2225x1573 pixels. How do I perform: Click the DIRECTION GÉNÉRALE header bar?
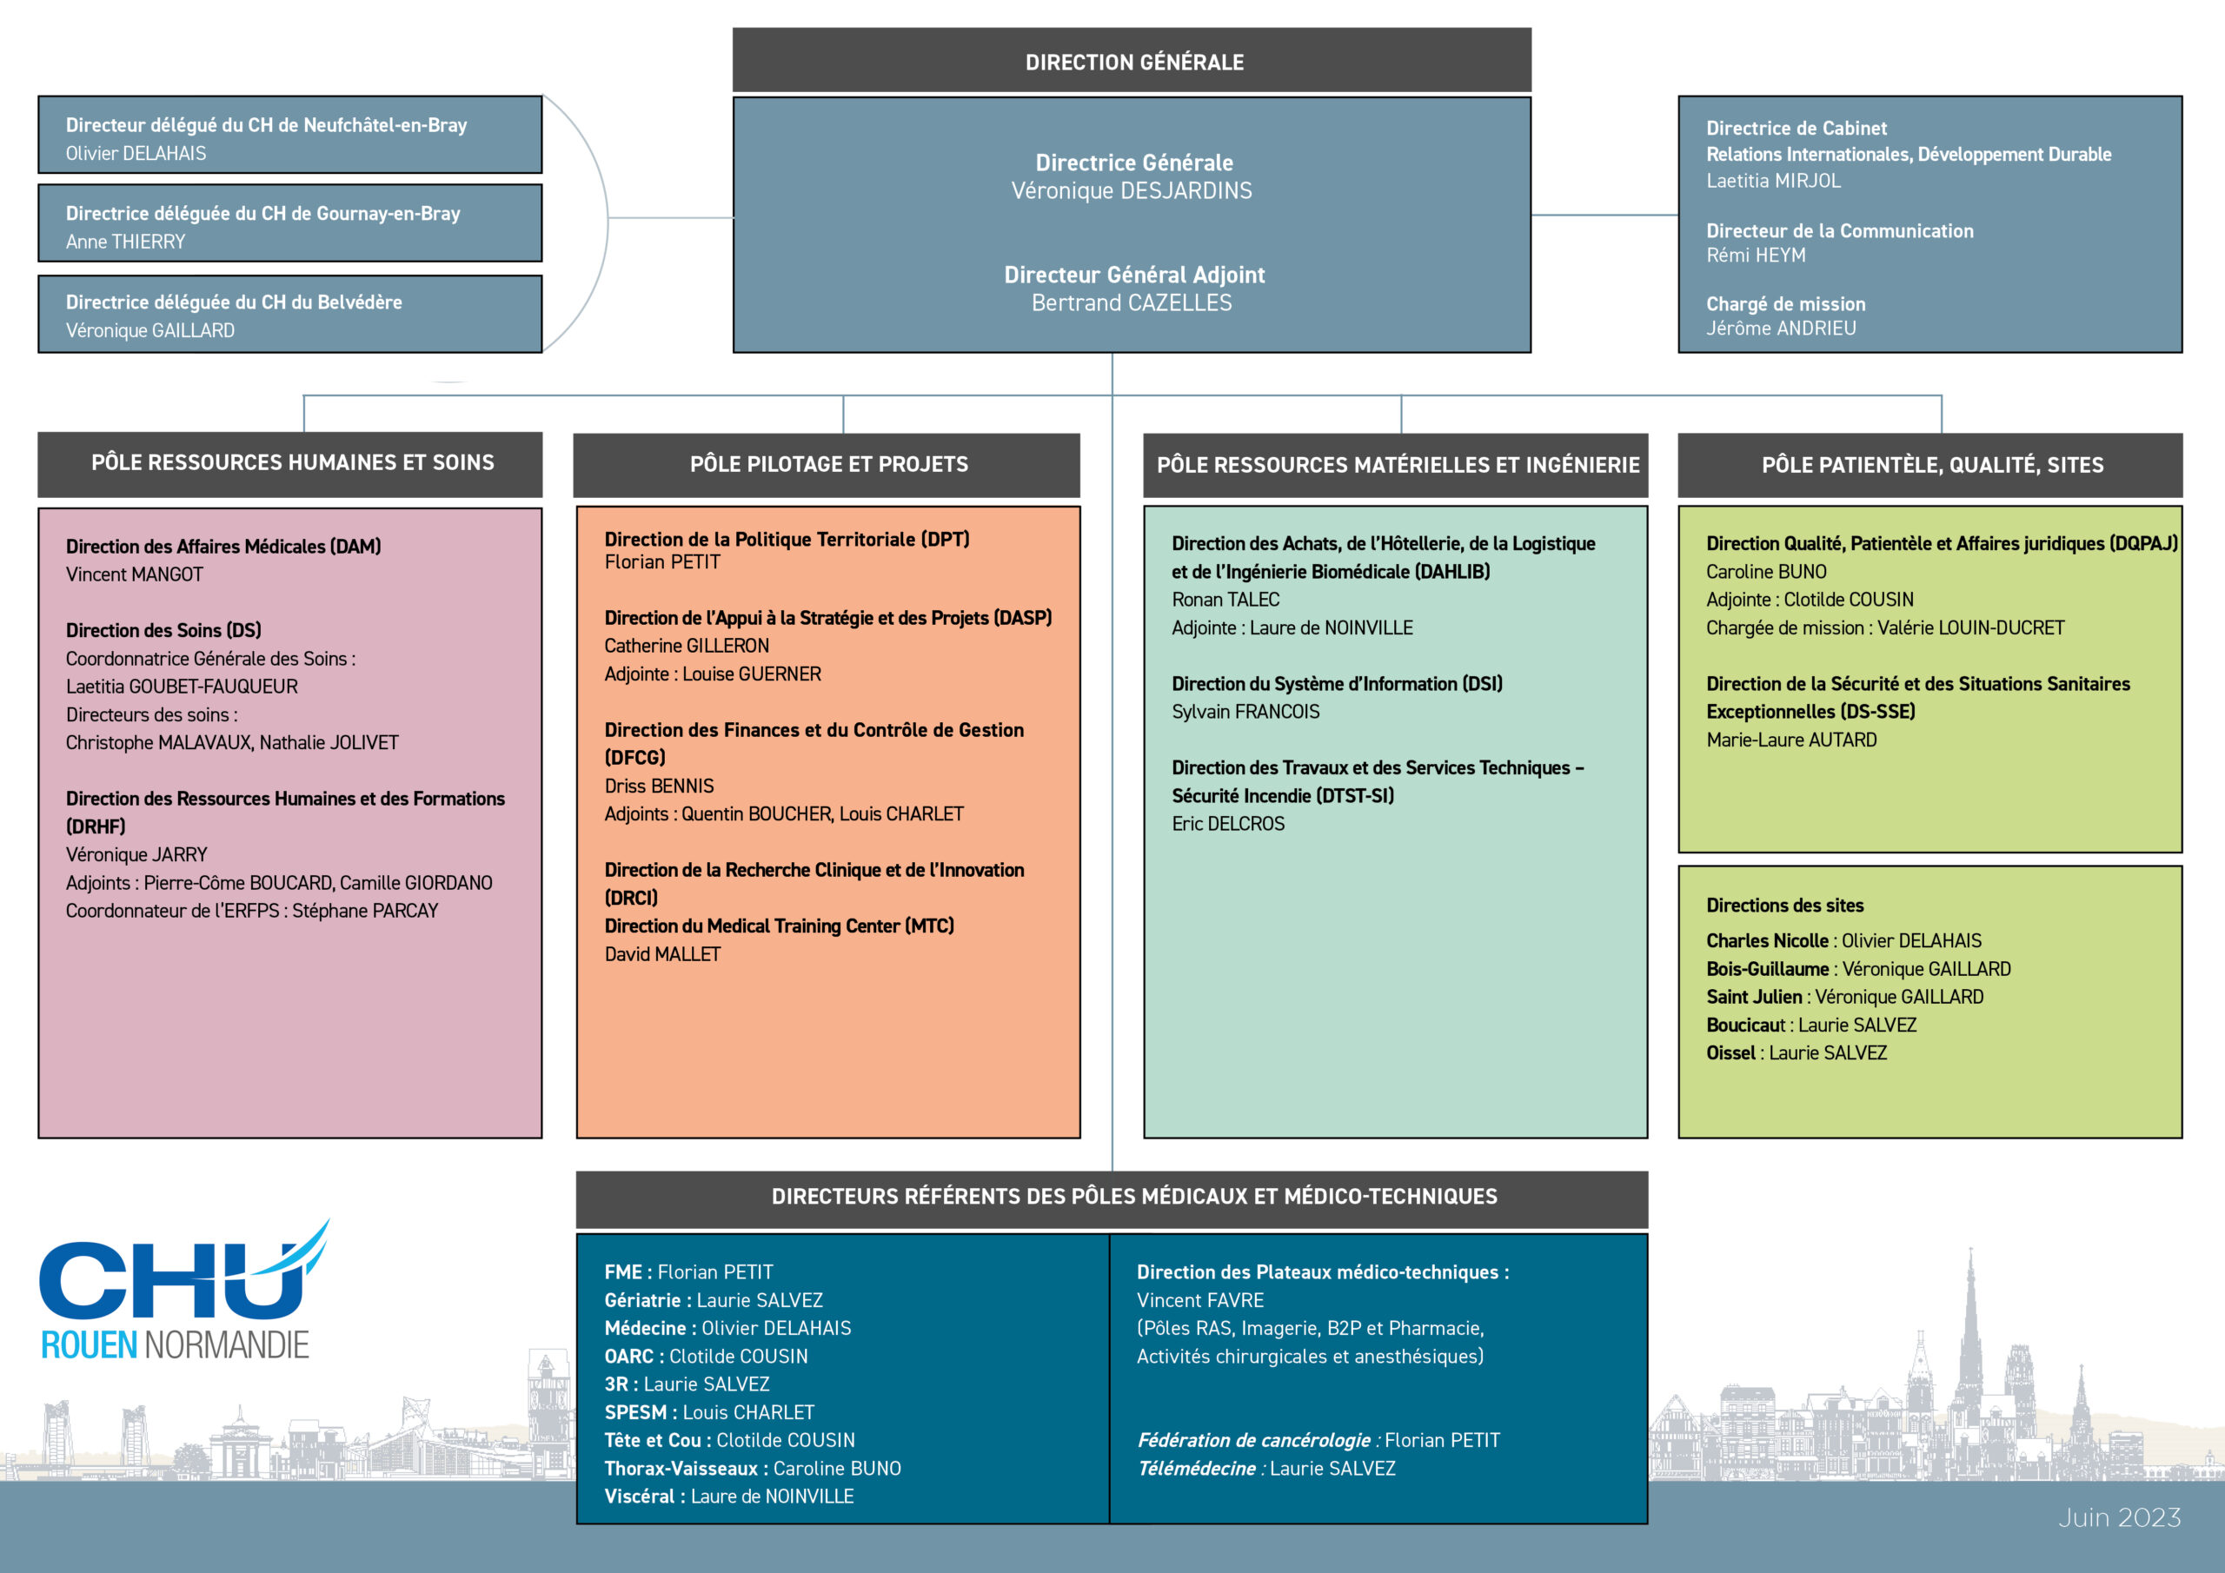1131,60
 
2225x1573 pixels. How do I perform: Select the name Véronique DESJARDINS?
1131,191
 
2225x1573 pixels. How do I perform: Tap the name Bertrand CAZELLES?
1131,303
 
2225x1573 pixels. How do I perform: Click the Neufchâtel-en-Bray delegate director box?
289,135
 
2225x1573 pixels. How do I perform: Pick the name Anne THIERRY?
125,242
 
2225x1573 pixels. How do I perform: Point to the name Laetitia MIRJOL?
1773,182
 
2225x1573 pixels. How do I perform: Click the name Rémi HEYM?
1756,256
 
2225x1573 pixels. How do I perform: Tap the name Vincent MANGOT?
135,574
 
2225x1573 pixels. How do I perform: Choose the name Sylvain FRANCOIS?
1245,713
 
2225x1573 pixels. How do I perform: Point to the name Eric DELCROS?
1228,825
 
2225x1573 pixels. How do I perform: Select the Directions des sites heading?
1785,906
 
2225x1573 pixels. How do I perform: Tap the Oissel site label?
1730,1053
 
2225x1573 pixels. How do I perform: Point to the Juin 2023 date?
2119,1517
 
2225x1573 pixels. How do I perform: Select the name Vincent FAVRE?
1199,1301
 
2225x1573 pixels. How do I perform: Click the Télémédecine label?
1197,1470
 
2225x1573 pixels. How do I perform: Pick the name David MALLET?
663,954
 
